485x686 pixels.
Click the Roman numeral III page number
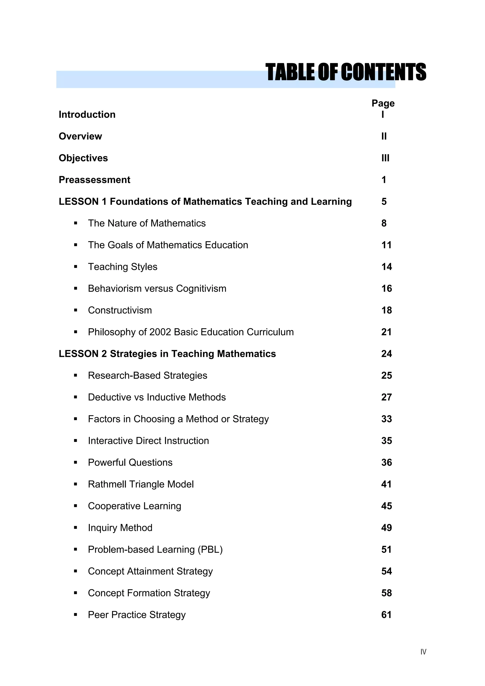[385, 158]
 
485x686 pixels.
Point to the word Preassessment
[94, 180]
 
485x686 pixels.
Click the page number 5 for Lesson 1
[384, 202]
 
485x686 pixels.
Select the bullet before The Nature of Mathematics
[76, 223]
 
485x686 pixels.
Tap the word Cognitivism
[201, 289]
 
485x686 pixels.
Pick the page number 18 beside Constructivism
[386, 310]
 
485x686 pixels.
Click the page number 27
[386, 397]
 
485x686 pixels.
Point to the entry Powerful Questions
[130, 462]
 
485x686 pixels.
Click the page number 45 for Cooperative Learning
[386, 506]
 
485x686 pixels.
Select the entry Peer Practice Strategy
[137, 615]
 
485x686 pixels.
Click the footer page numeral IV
[423, 652]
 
